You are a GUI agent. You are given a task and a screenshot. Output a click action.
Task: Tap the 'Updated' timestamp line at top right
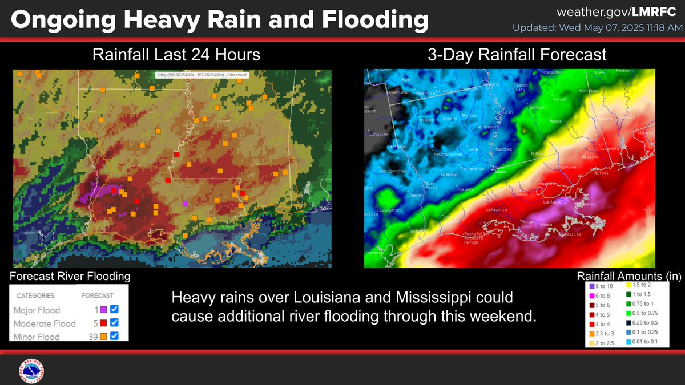594,27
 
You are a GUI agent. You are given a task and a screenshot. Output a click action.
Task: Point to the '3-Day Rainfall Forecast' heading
517,55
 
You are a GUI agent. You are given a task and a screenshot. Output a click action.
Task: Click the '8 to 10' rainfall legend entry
602,286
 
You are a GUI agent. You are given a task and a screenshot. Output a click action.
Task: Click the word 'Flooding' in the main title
375,21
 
